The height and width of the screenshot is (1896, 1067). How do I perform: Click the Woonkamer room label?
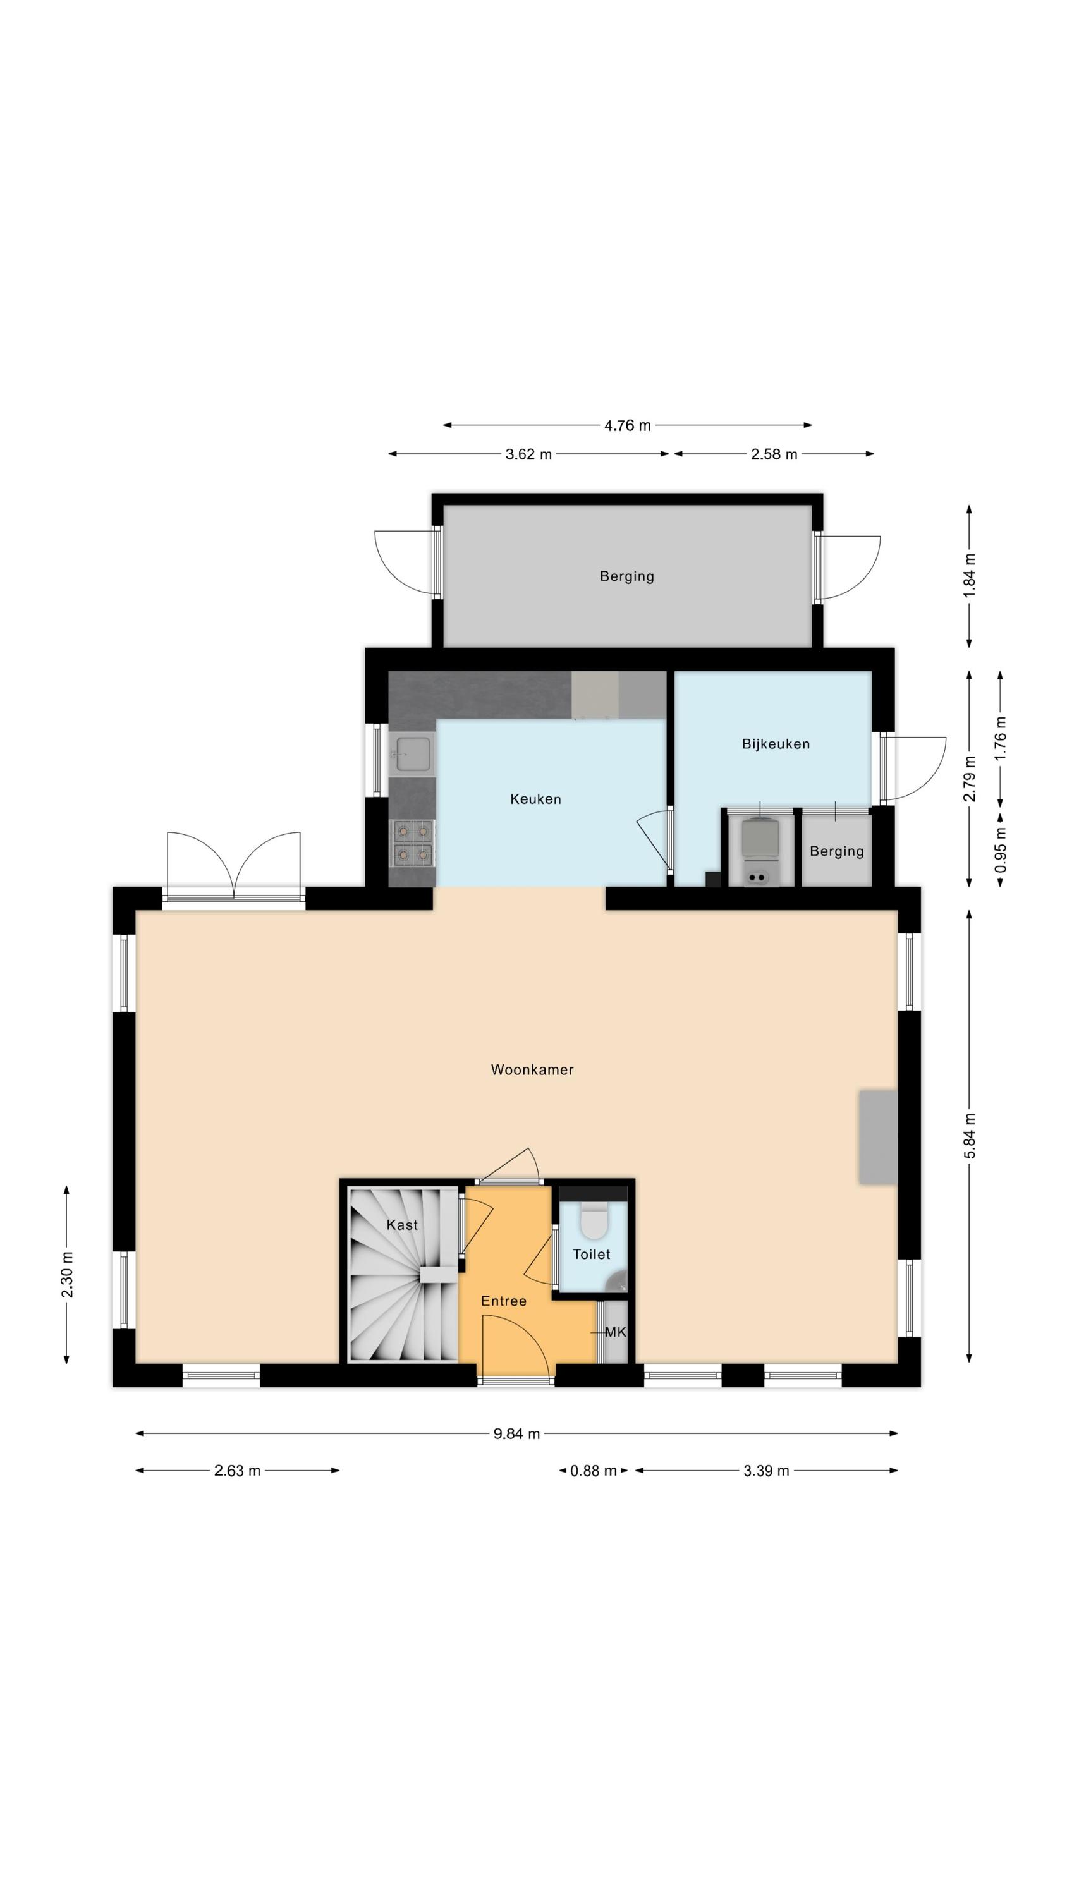point(532,1069)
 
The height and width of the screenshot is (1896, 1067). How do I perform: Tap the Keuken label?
point(535,799)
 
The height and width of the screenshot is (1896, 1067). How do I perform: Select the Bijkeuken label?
point(776,743)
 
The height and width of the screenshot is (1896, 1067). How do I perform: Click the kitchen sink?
point(412,754)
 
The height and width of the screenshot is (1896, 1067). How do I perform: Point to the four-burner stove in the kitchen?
point(412,842)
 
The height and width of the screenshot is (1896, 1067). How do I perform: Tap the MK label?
point(615,1332)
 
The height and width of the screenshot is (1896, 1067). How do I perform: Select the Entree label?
point(504,1301)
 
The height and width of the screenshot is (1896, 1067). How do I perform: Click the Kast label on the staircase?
point(402,1225)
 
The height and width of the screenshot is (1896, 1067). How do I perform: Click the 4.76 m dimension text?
point(628,425)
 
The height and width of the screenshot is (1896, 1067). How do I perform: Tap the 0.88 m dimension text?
point(594,1471)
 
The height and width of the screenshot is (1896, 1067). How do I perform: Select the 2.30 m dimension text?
point(67,1274)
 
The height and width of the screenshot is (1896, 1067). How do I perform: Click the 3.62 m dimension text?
point(528,454)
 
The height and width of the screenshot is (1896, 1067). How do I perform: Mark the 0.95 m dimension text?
point(1001,850)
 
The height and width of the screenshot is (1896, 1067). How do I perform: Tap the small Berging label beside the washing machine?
point(836,851)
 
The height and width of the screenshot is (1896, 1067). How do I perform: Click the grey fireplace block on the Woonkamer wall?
point(878,1137)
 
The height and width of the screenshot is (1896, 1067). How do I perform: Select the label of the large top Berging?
point(626,576)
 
